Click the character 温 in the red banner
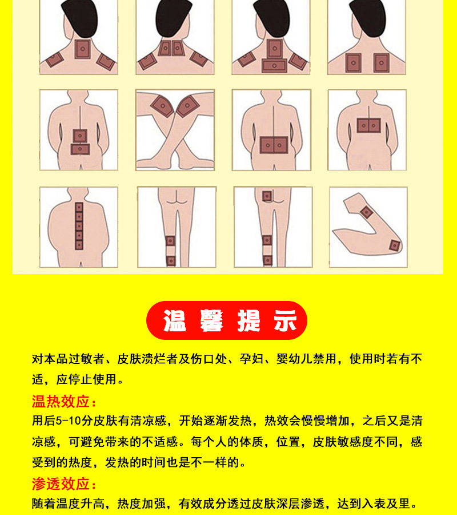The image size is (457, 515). coord(175,320)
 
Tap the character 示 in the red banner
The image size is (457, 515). coord(285,320)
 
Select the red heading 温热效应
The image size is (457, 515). coord(61,401)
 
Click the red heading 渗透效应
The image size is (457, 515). coord(61,484)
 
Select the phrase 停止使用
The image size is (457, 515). coord(93,379)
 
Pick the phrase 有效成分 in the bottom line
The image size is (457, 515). coord(203,504)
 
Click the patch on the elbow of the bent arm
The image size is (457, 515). coord(394,245)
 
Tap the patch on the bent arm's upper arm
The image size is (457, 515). coord(366,212)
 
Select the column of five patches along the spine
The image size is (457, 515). coord(79,226)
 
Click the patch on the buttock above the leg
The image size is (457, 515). coord(267,196)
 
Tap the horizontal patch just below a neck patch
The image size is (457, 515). coord(274,66)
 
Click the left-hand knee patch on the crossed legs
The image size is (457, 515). coord(163,106)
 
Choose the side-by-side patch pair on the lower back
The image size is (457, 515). coord(274,145)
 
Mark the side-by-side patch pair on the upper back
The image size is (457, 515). coord(369,125)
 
